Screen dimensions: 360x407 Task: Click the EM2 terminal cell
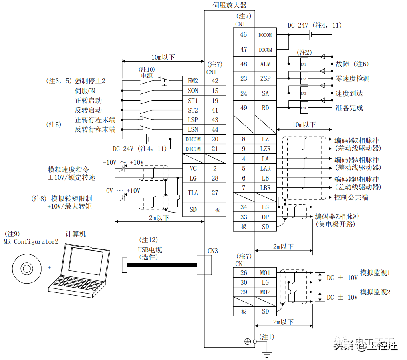pyautogui.click(x=193, y=81)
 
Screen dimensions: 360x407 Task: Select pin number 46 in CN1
pyautogui.click(x=244, y=35)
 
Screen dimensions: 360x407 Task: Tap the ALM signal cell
pyautogui.click(x=265, y=64)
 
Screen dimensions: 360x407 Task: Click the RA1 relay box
pyautogui.click(x=304, y=64)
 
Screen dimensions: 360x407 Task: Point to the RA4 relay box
pyautogui.click(x=304, y=108)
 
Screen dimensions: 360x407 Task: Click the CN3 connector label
pyautogui.click(x=213, y=251)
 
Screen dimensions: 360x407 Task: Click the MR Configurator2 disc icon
pyautogui.click(x=26, y=267)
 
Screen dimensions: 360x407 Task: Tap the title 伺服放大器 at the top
pyautogui.click(x=230, y=5)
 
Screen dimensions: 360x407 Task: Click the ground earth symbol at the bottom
pyautogui.click(x=267, y=353)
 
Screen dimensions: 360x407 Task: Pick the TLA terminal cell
pyautogui.click(x=193, y=193)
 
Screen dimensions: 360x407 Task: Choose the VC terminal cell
pyautogui.click(x=193, y=169)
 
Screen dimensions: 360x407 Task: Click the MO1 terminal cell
pyautogui.click(x=265, y=273)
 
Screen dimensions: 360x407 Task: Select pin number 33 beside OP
pyautogui.click(x=244, y=217)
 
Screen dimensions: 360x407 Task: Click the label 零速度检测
pyautogui.click(x=353, y=78)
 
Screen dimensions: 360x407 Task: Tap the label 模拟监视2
pyautogui.click(x=375, y=292)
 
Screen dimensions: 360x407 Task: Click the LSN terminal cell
pyautogui.click(x=193, y=129)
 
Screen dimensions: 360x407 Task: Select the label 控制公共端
pyautogui.click(x=351, y=197)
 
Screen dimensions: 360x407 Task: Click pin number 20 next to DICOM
pyautogui.click(x=215, y=139)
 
